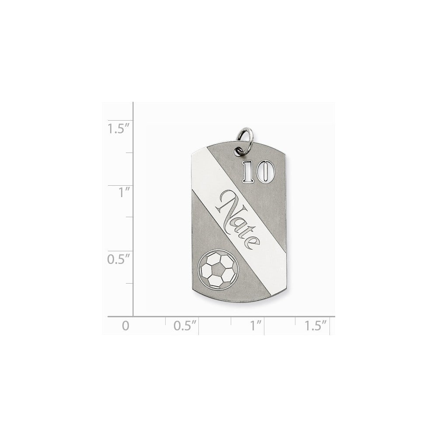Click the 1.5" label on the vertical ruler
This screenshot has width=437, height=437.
119,128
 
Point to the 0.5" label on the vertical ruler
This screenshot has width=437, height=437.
119,259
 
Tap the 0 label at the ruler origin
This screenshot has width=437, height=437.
126,326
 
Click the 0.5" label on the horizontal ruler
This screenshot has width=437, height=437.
185,326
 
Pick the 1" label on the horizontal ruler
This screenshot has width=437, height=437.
256,326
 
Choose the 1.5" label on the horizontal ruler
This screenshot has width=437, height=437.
315,326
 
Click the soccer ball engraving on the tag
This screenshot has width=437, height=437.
218,270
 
